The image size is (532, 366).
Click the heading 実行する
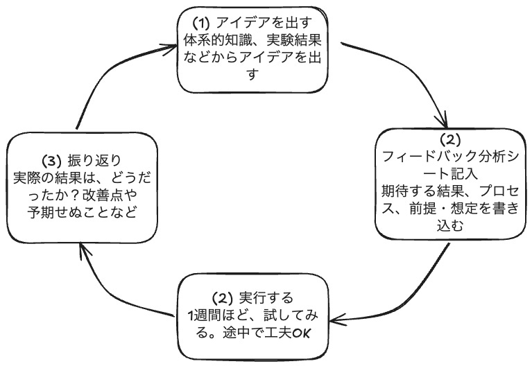coord(264,298)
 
